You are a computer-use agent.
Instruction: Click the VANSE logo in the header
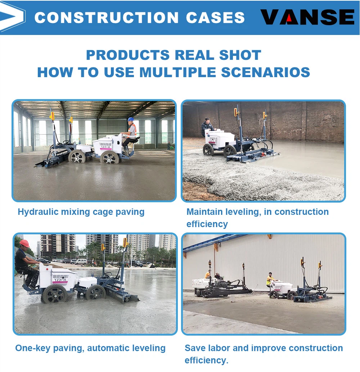coord(307,17)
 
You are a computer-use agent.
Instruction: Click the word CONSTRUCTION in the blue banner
coord(107,18)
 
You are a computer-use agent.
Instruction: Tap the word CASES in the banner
coord(215,18)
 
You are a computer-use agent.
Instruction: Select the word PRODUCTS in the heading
coord(128,55)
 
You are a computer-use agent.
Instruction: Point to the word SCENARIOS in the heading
coord(265,72)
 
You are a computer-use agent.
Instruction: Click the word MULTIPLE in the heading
coord(178,72)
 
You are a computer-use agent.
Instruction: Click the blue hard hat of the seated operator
coord(130,119)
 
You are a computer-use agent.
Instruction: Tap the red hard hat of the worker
coord(24,243)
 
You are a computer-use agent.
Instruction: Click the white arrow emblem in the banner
coord(12,17)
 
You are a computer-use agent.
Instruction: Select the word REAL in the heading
coord(194,55)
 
